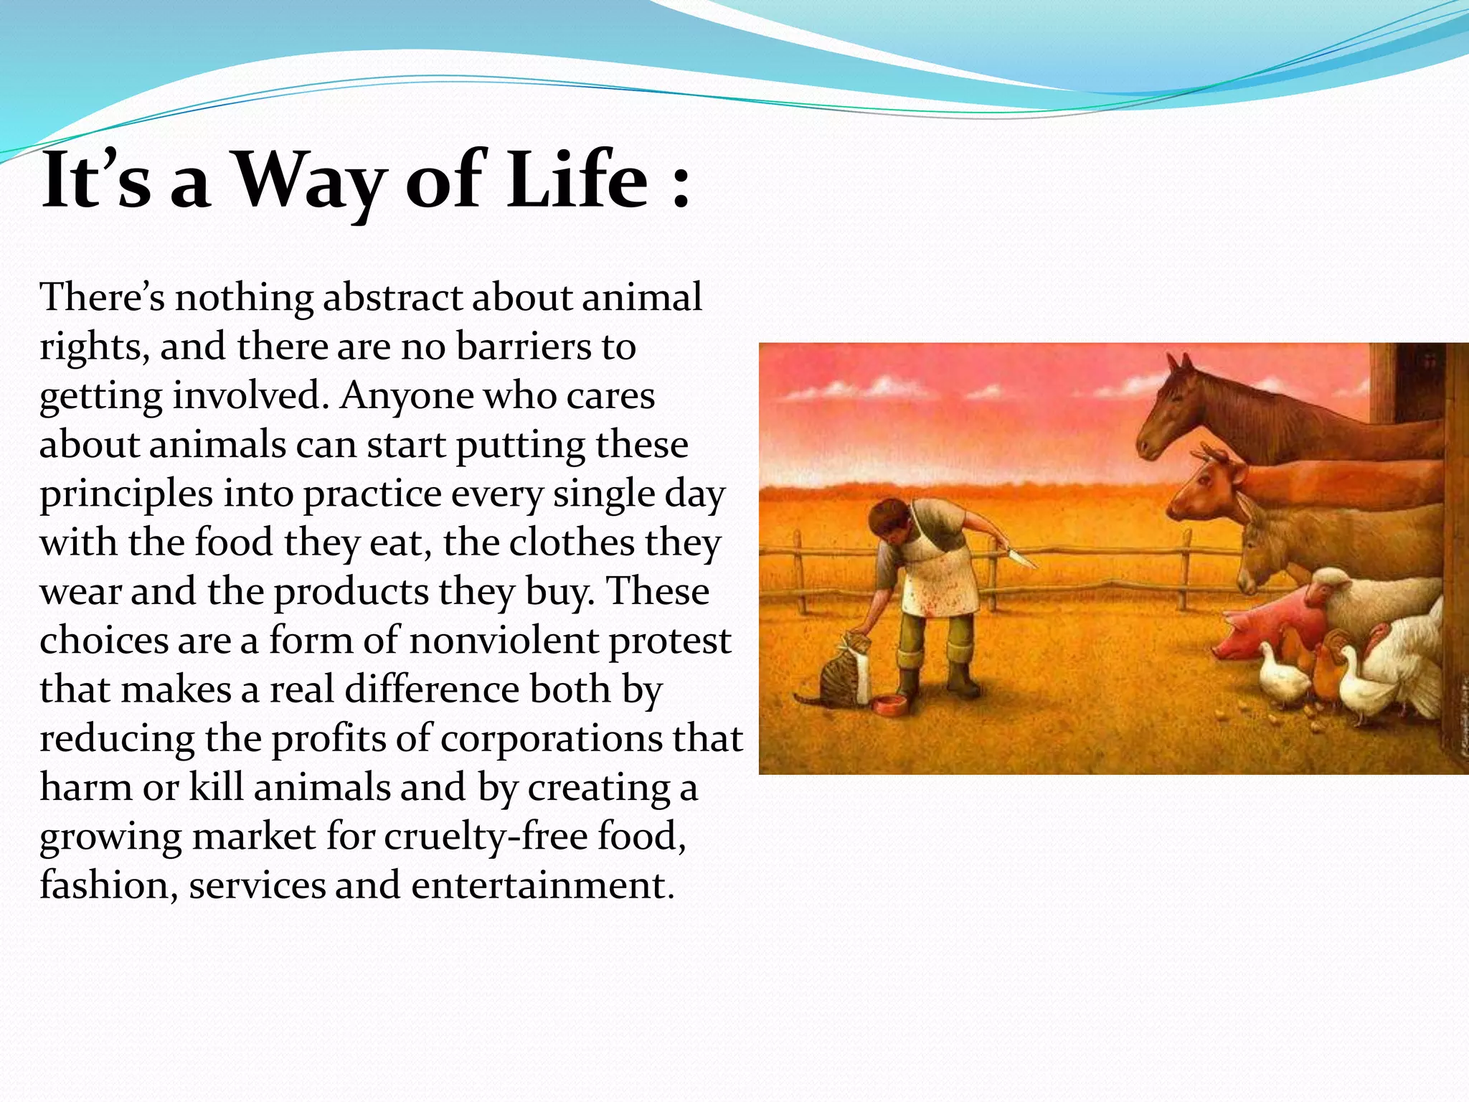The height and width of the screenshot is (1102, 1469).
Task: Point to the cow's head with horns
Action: click(x=1205, y=488)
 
